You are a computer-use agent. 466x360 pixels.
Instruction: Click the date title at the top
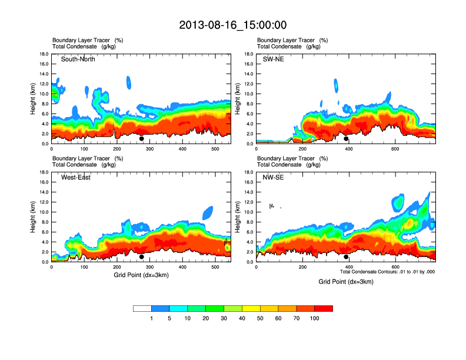[232, 25]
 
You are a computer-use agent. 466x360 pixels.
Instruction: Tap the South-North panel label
[78, 59]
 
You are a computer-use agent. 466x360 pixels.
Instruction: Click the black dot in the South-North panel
[142, 139]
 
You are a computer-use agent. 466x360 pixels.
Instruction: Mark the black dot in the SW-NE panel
[346, 139]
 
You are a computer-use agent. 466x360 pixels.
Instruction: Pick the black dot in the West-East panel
[142, 257]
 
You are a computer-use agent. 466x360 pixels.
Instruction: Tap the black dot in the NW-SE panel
[346, 257]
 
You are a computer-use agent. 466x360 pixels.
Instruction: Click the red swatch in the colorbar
[324, 308]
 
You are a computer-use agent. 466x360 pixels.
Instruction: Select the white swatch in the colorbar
[142, 308]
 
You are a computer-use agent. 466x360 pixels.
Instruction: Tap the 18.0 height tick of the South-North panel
[44, 54]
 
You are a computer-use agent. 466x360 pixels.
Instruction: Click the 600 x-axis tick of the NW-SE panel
[395, 268]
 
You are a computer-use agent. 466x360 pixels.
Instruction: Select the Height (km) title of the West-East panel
[34, 217]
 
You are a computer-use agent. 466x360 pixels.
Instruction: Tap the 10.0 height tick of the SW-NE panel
[248, 94]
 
